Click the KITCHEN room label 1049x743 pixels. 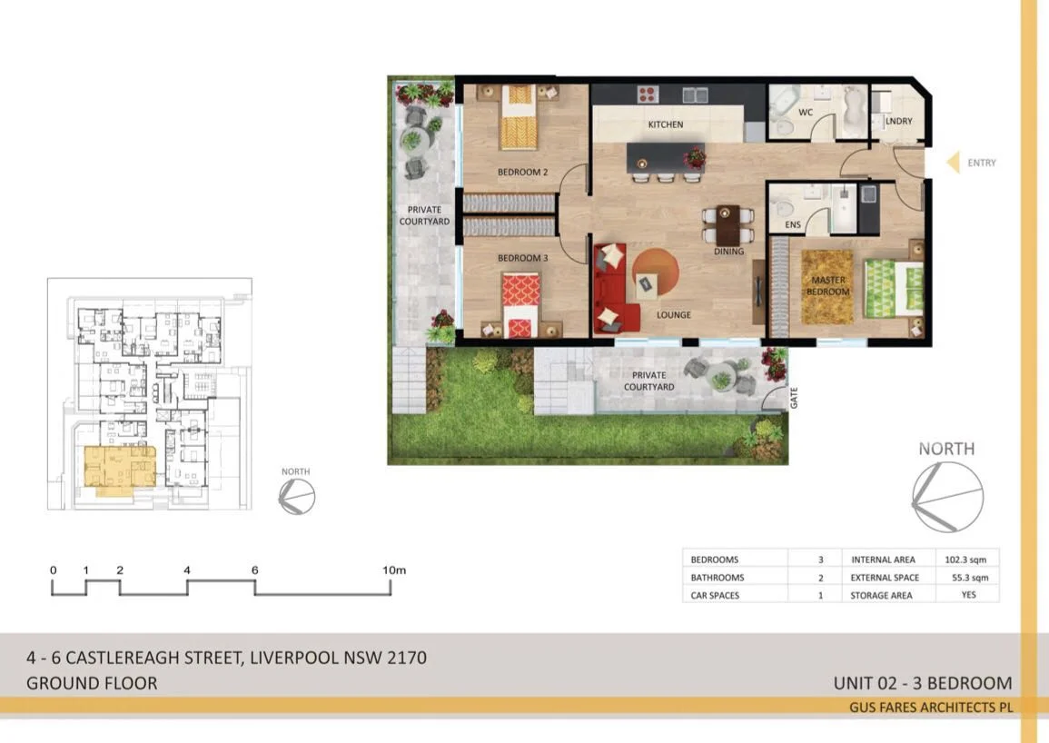[665, 124]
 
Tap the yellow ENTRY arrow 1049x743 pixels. [954, 163]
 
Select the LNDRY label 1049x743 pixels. [898, 120]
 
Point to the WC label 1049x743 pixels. [805, 113]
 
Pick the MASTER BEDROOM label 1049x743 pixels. [828, 286]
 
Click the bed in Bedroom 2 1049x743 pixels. [519, 118]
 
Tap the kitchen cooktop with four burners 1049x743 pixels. [647, 93]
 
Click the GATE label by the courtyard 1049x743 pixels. [794, 398]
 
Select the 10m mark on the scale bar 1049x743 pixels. [394, 570]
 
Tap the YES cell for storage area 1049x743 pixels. [969, 595]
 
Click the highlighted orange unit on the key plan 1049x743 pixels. [118, 467]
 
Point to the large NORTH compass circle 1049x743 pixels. [947, 497]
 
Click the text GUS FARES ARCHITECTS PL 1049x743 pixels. [931, 707]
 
